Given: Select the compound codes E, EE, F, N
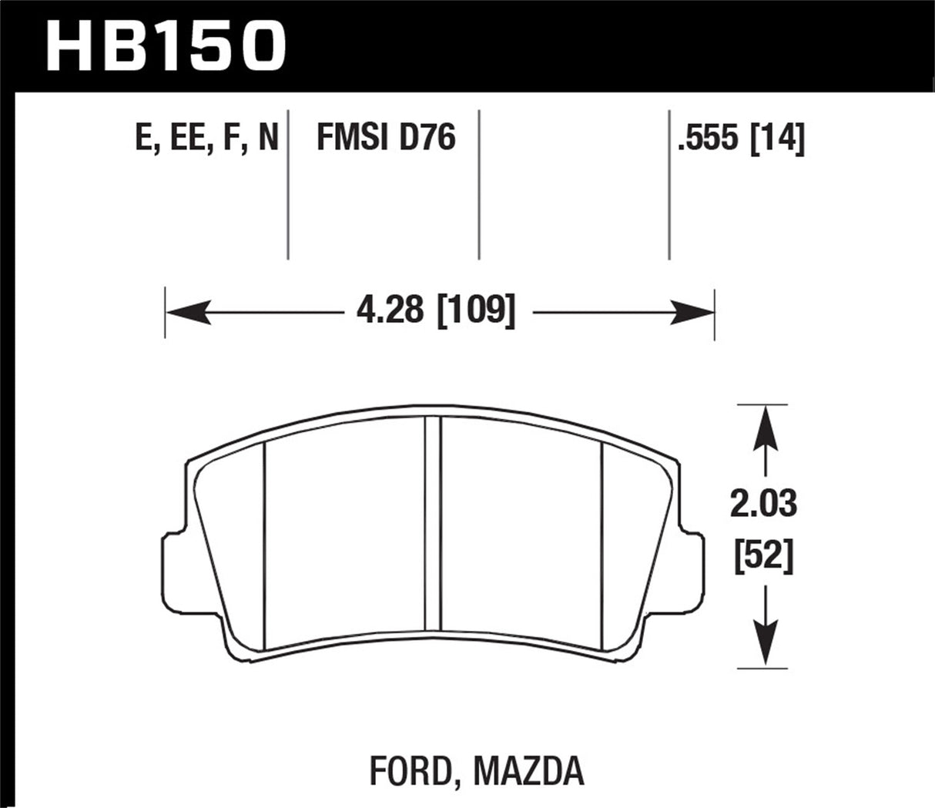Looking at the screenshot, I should pyautogui.click(x=206, y=139).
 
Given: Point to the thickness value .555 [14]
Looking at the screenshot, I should pyautogui.click(x=739, y=140).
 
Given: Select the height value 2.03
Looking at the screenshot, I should pyautogui.click(x=763, y=505).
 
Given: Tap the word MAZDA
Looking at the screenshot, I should pyautogui.click(x=528, y=771).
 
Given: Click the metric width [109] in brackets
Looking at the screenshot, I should pyautogui.click(x=475, y=311).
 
